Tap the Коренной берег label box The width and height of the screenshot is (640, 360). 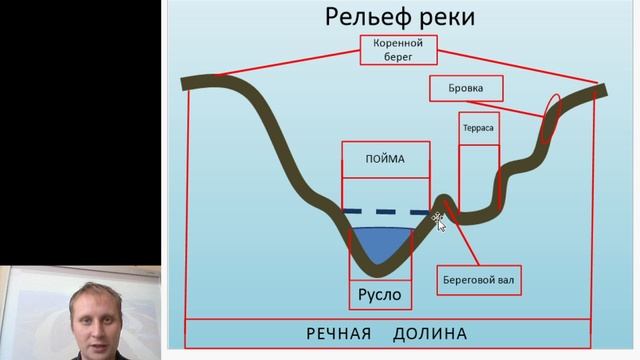pyautogui.click(x=398, y=50)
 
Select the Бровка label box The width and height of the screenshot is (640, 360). pyautogui.click(x=465, y=88)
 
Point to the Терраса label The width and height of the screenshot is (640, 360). pyautogui.click(x=478, y=129)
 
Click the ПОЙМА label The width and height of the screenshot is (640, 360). pyautogui.click(x=386, y=156)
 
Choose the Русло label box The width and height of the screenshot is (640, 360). pyautogui.click(x=379, y=294)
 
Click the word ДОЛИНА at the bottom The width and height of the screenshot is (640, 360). pyautogui.click(x=430, y=333)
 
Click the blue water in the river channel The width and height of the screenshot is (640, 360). pyautogui.click(x=380, y=242)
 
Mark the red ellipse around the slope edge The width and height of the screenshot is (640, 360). pyautogui.click(x=548, y=117)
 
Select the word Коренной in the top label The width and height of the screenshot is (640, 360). pyautogui.click(x=398, y=44)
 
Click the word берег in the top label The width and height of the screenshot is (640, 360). pyautogui.click(x=398, y=57)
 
